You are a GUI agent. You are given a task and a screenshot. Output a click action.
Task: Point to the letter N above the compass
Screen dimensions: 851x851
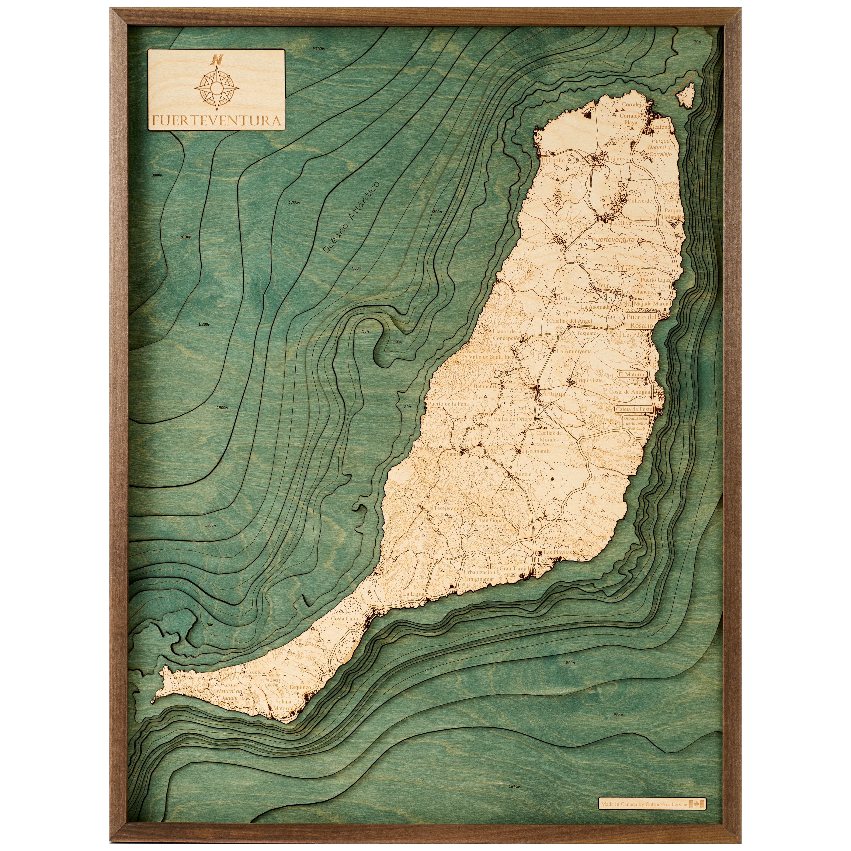(x=217, y=59)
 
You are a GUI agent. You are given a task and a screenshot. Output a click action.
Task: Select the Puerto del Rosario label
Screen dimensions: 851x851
(x=641, y=321)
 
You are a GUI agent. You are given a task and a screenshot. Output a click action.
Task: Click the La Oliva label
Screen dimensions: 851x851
(x=621, y=223)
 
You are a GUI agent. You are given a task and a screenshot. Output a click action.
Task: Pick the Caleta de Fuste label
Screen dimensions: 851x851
(x=634, y=409)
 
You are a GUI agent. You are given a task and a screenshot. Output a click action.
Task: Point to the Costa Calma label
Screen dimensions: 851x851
(x=346, y=618)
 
